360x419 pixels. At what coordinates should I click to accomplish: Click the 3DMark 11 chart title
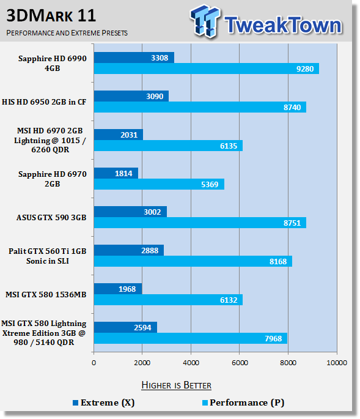pos(51,15)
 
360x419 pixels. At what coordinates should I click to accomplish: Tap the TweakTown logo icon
pos(205,21)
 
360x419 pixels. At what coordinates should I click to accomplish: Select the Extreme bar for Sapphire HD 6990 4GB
pos(134,57)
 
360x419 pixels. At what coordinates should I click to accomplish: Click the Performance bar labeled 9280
pos(207,69)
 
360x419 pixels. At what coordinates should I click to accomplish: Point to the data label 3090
pos(155,96)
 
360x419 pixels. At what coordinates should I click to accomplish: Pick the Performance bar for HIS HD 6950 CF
pos(200,107)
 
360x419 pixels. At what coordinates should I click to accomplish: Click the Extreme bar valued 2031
pos(119,135)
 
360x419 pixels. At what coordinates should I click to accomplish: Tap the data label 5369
pos(210,184)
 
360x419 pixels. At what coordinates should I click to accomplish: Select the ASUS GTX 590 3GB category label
pos(51,218)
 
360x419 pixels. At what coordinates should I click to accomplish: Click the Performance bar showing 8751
pos(200,223)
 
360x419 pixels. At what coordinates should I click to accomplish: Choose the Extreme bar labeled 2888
pos(129,250)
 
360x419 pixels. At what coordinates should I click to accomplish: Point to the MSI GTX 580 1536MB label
pos(46,294)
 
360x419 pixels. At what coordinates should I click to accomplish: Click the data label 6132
pos(229,300)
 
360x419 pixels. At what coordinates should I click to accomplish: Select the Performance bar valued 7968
pos(191,338)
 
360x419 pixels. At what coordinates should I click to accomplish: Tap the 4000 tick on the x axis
pos(191,363)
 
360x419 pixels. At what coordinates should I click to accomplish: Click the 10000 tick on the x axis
pos(337,363)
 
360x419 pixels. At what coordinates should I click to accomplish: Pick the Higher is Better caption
pos(176,385)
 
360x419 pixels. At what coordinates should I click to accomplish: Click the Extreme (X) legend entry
pos(104,402)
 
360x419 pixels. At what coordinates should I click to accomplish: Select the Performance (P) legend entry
pos(243,402)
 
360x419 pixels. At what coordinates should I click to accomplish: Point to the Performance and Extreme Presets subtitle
pos(67,33)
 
